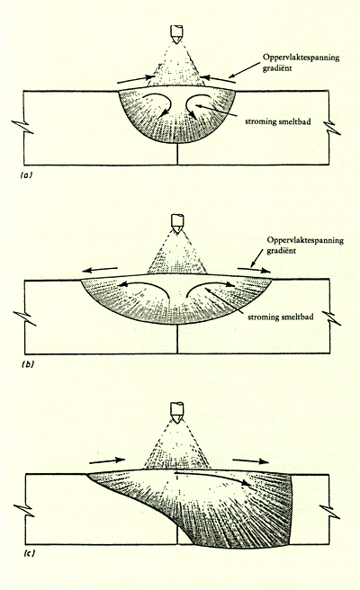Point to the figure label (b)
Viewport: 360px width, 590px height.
pyautogui.click(x=28, y=364)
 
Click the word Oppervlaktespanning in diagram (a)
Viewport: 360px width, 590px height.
pyautogui.click(x=301, y=58)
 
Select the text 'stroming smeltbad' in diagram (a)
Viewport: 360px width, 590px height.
pyautogui.click(x=278, y=121)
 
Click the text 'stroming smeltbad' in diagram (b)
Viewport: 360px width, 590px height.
pyautogui.click(x=281, y=317)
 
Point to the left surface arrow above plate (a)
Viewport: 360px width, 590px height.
pyautogui.click(x=136, y=79)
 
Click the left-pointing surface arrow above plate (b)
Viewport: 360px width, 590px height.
pyautogui.click(x=100, y=270)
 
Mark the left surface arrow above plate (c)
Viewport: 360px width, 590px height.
pyautogui.click(x=107, y=460)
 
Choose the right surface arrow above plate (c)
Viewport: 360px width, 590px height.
pyautogui.click(x=251, y=460)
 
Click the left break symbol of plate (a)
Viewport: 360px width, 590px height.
pyautogui.click(x=23, y=127)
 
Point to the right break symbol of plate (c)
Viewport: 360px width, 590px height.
pyautogui.click(x=330, y=512)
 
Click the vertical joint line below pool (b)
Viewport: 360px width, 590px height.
pyautogui.click(x=177, y=339)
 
